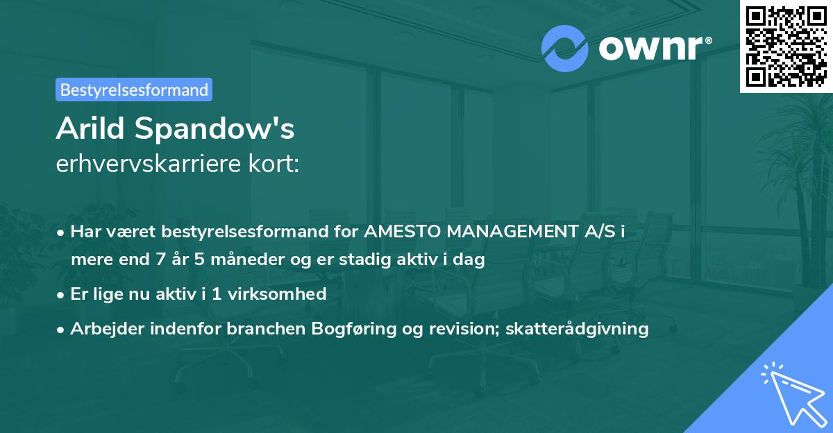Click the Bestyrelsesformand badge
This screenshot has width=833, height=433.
134,90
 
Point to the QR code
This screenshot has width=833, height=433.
786,46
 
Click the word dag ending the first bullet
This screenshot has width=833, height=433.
470,260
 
